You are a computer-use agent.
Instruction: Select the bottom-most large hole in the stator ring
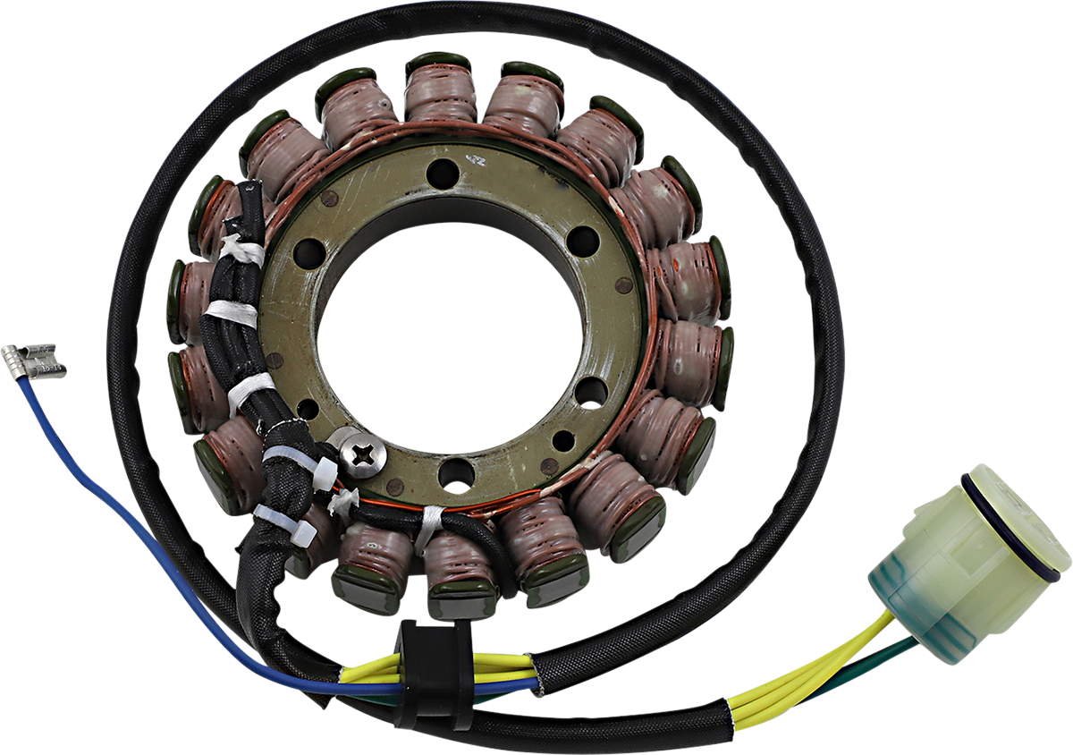[x=457, y=473]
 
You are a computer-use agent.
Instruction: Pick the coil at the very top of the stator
[x=440, y=90]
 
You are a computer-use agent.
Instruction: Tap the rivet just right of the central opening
[x=623, y=287]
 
